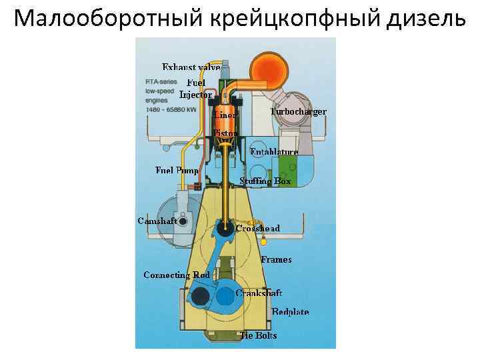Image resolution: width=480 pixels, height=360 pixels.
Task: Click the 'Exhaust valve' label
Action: [191, 67]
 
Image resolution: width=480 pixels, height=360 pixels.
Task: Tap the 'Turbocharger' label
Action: [299, 112]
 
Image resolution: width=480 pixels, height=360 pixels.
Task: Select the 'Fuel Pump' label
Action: [177, 170]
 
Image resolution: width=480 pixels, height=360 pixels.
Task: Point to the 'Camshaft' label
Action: [157, 221]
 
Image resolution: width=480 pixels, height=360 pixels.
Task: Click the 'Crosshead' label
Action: [257, 228]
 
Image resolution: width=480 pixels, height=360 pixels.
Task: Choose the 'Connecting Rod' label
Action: [177, 275]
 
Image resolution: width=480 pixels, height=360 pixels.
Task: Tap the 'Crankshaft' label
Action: [259, 293]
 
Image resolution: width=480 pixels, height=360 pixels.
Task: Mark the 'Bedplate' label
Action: [290, 312]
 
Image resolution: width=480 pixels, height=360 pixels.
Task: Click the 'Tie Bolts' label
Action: [258, 335]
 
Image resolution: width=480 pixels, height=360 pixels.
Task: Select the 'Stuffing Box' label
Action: [265, 181]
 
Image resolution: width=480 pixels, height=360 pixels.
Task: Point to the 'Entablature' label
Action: [274, 152]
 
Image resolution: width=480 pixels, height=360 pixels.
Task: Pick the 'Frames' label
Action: [276, 259]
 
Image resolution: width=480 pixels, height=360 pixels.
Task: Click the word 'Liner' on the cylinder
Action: [225, 115]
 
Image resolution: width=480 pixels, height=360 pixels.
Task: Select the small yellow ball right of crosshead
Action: [264, 242]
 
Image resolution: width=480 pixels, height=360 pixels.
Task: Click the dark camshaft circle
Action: [183, 221]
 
